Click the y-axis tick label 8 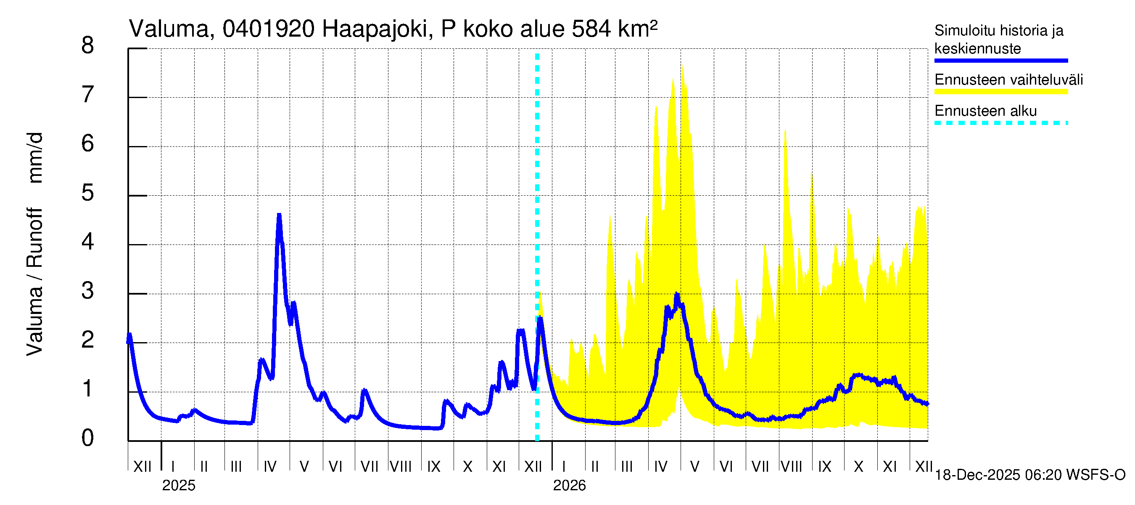88,45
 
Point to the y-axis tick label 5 88,193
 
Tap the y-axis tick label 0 88,438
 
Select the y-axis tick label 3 88,291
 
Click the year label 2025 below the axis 178,485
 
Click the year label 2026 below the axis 569,485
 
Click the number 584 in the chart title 591,29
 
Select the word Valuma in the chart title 169,29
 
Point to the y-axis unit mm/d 35,157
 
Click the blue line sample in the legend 1000,61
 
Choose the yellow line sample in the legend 1000,92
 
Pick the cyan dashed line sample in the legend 1000,123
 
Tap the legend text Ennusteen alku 985,111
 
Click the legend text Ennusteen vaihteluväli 1008,80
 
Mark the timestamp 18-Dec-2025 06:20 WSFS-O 1029,475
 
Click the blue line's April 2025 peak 279,215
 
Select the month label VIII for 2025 401,466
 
